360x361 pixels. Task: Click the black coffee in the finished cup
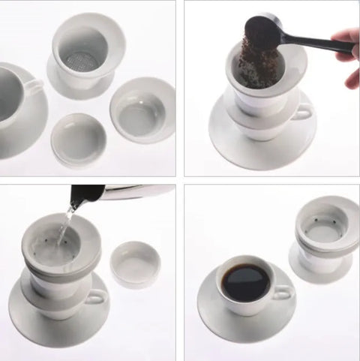245,279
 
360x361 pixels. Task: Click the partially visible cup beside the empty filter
15,90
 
